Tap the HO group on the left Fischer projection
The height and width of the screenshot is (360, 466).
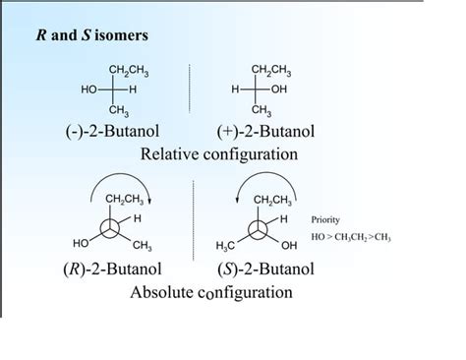point(88,90)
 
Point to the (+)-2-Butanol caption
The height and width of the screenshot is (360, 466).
point(265,133)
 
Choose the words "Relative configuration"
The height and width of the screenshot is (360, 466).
point(218,153)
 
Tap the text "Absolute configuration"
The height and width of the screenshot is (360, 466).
point(210,291)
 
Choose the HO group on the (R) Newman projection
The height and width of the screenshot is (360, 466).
point(82,242)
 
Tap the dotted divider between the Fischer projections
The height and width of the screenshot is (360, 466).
point(190,90)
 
